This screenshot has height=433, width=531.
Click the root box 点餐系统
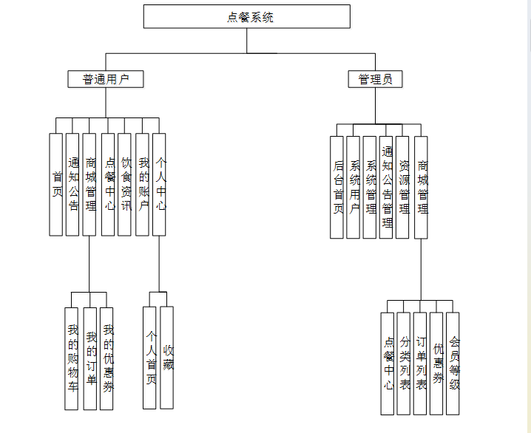tap(247, 17)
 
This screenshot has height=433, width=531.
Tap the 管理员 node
tap(375, 79)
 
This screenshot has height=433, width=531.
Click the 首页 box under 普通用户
tap(56, 185)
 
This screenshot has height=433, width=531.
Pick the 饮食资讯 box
tap(125, 185)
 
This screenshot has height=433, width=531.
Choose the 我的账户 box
tap(143, 185)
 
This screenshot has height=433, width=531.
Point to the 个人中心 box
tap(160, 185)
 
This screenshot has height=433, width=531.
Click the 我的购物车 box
tap(72, 358)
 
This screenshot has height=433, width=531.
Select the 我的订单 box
tap(89, 358)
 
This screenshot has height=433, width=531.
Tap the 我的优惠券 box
tap(107, 358)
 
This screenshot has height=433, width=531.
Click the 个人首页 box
tap(149, 358)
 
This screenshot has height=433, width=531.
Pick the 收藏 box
tap(167, 358)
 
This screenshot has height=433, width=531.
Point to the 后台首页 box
tap(337, 188)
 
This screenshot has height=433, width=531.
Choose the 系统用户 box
tap(354, 188)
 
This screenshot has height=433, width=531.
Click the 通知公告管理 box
tap(386, 188)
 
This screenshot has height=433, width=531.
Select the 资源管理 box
tap(403, 188)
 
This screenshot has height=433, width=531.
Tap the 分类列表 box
tap(404, 364)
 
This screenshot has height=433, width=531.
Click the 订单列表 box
tap(420, 364)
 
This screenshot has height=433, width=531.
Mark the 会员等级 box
tap(453, 364)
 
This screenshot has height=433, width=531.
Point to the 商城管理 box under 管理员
tap(421, 188)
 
